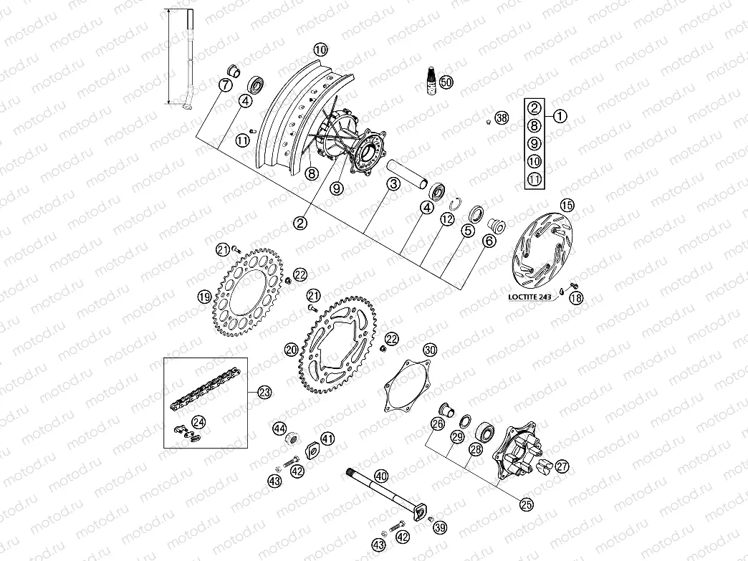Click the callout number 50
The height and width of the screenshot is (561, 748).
[446, 82]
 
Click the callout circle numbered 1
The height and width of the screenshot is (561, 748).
[560, 115]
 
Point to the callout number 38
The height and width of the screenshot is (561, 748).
[502, 118]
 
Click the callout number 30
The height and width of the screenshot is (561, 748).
[429, 350]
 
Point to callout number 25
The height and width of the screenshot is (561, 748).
[527, 504]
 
